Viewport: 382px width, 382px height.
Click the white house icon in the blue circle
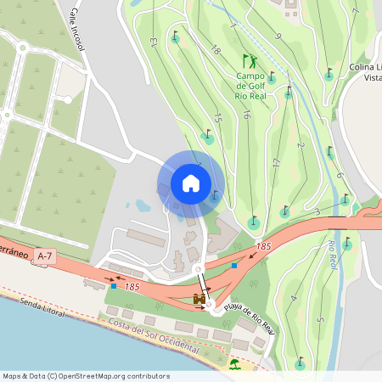click(190, 183)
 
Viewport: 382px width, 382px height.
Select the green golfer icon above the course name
click(250, 61)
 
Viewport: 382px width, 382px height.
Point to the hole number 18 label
click(215, 51)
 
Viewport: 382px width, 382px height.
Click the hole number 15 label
click(218, 121)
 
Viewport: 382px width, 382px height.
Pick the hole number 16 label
click(245, 115)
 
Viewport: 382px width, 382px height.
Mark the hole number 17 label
click(276, 162)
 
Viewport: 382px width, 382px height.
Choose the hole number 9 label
click(278, 36)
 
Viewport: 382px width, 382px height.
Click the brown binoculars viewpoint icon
click(200, 299)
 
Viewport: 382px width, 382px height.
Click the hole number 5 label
click(321, 320)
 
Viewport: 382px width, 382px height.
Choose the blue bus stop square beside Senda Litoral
click(115, 286)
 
